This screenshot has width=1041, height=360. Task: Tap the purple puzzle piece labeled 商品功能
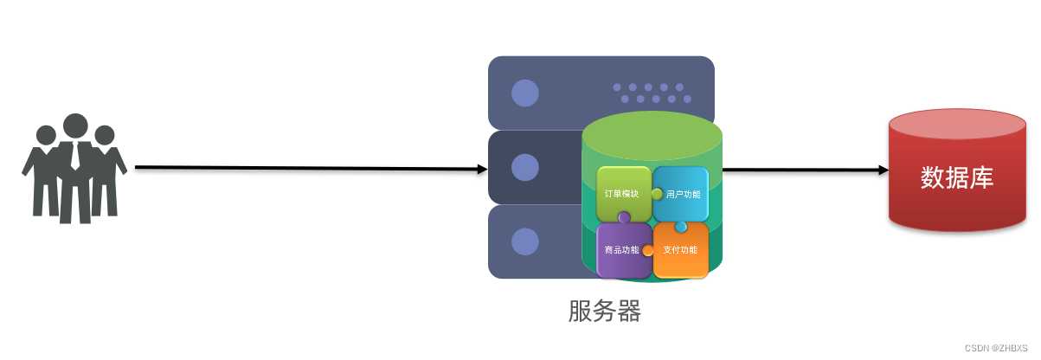pyautogui.click(x=623, y=250)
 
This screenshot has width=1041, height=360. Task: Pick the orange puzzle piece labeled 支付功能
pyautogui.click(x=680, y=250)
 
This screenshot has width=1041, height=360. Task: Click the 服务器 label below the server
pyautogui.click(x=604, y=311)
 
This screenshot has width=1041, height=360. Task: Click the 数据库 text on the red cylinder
pyautogui.click(x=957, y=177)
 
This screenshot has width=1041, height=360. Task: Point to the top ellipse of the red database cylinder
pyautogui.click(x=958, y=127)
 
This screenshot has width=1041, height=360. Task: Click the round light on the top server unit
pyautogui.click(x=524, y=93)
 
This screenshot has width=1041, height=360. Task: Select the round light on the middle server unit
pyautogui.click(x=524, y=167)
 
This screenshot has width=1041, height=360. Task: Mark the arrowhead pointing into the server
pyautogui.click(x=482, y=170)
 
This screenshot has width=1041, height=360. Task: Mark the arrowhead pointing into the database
pyautogui.click(x=884, y=170)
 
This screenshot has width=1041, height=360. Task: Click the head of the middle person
pyautogui.click(x=75, y=125)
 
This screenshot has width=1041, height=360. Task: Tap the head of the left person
pyautogui.click(x=46, y=135)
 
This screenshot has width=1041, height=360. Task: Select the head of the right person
pyautogui.click(x=105, y=135)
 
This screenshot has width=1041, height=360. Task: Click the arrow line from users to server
pyautogui.click(x=303, y=168)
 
